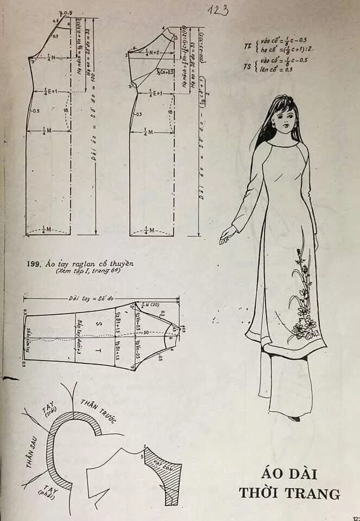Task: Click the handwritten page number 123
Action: coord(218,10)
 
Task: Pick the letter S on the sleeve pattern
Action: coord(98,323)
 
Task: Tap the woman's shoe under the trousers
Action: coord(294,418)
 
